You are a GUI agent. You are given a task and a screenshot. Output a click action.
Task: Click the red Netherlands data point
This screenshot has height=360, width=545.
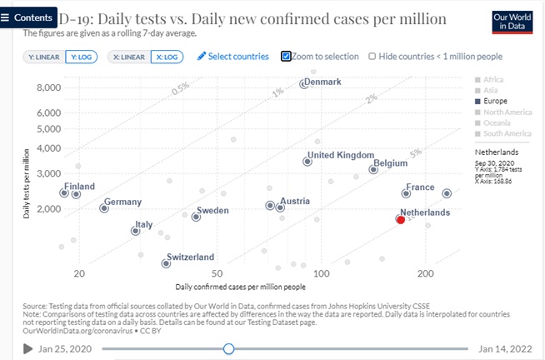pos(401,218)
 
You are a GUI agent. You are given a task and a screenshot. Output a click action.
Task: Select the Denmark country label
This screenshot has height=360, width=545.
pos(323,81)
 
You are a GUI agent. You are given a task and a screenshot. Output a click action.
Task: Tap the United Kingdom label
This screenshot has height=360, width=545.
pos(342,155)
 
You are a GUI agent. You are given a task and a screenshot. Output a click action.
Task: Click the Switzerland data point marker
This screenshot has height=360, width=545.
pos(166,263)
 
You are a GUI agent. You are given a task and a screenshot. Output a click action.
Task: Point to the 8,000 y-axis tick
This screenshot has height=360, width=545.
pos(49,87)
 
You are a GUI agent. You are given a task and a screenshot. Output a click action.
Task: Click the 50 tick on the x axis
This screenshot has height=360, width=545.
pos(217,273)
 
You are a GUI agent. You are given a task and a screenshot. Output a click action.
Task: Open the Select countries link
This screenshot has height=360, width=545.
pos(233,57)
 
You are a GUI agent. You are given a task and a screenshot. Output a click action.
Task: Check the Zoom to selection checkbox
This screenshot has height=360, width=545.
pos(286,57)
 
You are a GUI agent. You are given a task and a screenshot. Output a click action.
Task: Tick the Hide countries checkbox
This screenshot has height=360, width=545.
pos(372,57)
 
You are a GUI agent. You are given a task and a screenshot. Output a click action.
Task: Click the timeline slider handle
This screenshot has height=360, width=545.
pos(228,348)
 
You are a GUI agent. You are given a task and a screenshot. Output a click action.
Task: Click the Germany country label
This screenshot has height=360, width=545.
pos(122,202)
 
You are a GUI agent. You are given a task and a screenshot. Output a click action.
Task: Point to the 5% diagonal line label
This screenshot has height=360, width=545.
pos(416,152)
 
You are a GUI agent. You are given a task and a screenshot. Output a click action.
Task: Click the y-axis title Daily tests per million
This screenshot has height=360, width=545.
pos(28,179)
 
